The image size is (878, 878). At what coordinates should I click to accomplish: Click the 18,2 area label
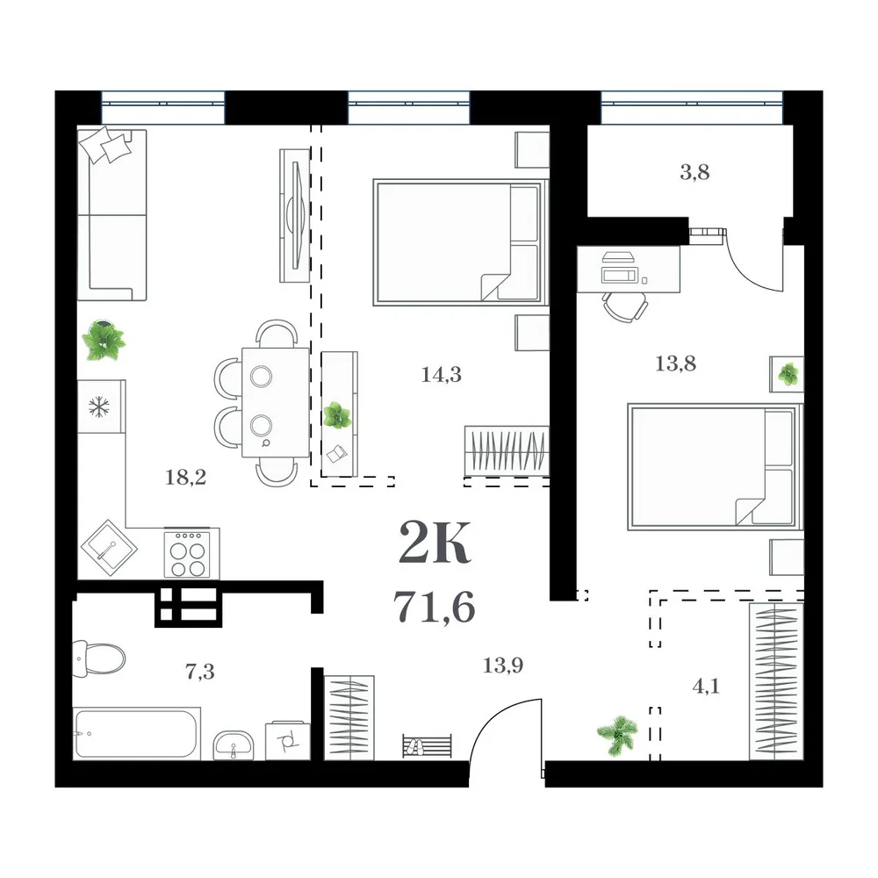point(186,477)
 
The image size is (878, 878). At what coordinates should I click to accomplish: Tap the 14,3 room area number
point(442,374)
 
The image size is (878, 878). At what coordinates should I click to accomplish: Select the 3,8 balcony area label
point(694,172)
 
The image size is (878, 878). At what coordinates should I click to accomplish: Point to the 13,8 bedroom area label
point(675,364)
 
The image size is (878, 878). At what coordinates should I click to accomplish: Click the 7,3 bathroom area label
point(200,671)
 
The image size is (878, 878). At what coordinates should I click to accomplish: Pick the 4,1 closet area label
point(706,686)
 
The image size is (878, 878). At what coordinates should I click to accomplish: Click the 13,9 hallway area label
point(503,666)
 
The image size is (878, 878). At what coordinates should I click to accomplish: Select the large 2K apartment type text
point(435,542)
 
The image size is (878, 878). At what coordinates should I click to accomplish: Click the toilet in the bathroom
point(98,658)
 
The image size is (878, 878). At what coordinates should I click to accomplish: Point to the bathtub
point(137,733)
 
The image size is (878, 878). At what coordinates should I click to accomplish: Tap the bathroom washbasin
point(233,745)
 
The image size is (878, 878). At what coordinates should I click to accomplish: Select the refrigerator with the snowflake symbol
point(100,407)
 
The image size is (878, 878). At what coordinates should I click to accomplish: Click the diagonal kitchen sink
point(109,548)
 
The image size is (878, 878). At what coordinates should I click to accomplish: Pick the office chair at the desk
point(625,306)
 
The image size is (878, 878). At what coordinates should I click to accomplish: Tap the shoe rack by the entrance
point(427,746)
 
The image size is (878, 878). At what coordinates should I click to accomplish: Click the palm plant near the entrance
point(618,735)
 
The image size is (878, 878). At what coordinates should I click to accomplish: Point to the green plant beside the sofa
point(104,339)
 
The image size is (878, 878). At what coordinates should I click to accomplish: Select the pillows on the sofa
point(106,145)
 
